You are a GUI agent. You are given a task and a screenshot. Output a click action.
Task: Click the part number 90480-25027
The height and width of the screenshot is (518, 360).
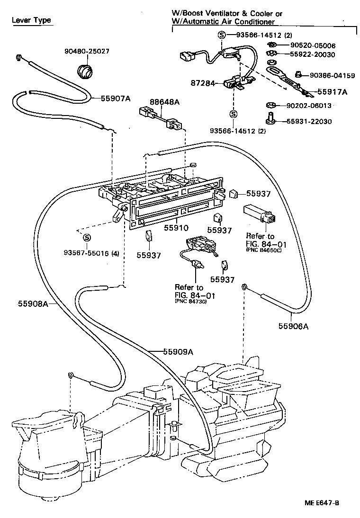(87, 51)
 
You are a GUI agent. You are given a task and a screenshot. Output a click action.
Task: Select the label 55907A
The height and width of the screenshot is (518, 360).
(115, 98)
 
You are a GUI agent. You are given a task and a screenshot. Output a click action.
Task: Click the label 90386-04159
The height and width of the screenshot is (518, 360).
(332, 75)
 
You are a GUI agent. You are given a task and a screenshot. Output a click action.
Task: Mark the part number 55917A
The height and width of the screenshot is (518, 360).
(332, 92)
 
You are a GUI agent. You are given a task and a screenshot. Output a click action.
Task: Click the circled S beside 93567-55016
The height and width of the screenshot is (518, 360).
(87, 237)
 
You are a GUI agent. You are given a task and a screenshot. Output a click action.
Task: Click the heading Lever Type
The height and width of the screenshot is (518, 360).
(31, 21)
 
